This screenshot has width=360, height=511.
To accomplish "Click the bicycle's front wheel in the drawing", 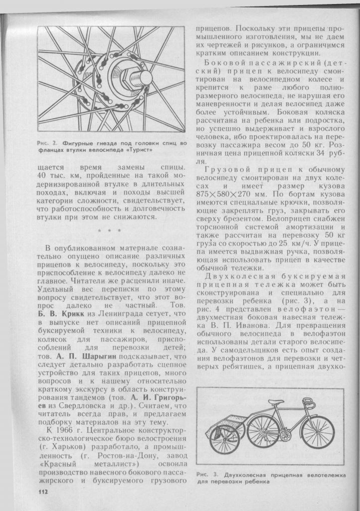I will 318,432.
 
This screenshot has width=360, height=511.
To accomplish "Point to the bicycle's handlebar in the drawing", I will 310,399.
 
